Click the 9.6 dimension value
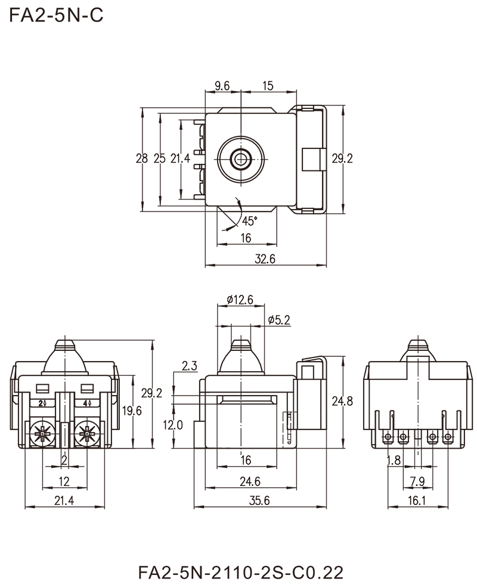(x=222, y=86)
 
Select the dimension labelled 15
(x=268, y=86)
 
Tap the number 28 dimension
(x=143, y=159)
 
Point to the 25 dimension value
(x=160, y=159)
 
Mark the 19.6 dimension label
(x=131, y=412)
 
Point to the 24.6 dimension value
(x=250, y=478)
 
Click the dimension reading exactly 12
(x=66, y=480)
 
